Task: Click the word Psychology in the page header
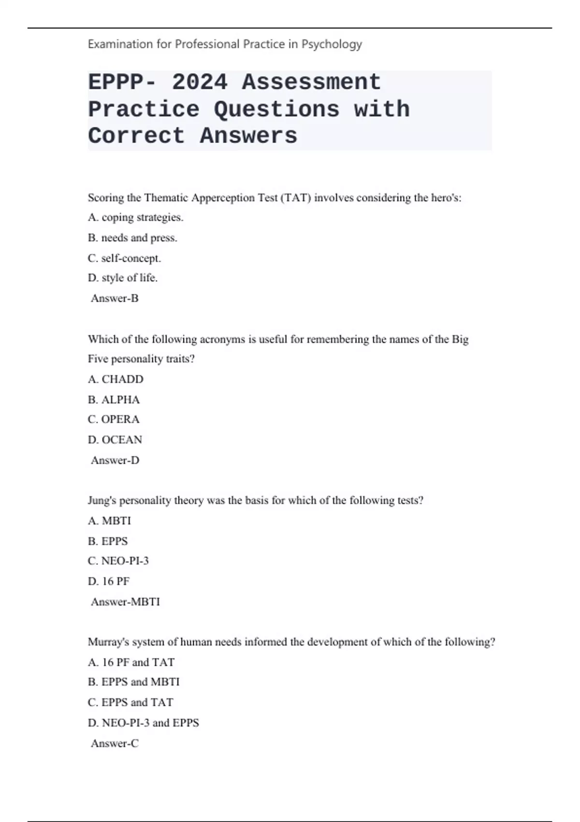(x=332, y=44)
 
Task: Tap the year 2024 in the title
(x=200, y=82)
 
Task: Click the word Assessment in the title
(x=311, y=82)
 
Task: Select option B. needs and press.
(x=132, y=238)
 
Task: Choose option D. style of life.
(x=123, y=278)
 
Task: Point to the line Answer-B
(x=115, y=298)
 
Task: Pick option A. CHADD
(x=116, y=379)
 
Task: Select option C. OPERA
(x=114, y=419)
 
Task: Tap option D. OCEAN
(x=115, y=440)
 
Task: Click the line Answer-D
(x=115, y=460)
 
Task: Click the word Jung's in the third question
(x=102, y=500)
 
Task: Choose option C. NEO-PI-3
(x=118, y=561)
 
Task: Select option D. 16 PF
(x=109, y=581)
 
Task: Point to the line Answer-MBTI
(x=125, y=602)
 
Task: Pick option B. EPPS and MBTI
(x=133, y=682)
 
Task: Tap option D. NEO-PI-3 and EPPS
(x=143, y=723)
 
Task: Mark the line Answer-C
(x=115, y=744)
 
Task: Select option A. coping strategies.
(x=136, y=218)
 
